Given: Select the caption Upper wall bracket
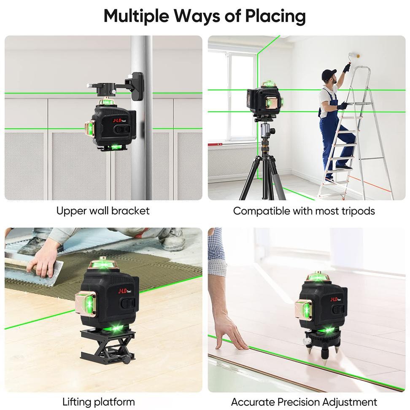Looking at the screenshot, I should coord(102,210).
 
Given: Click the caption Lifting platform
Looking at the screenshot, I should coord(99,402).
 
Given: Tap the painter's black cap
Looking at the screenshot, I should coord(329,75).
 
